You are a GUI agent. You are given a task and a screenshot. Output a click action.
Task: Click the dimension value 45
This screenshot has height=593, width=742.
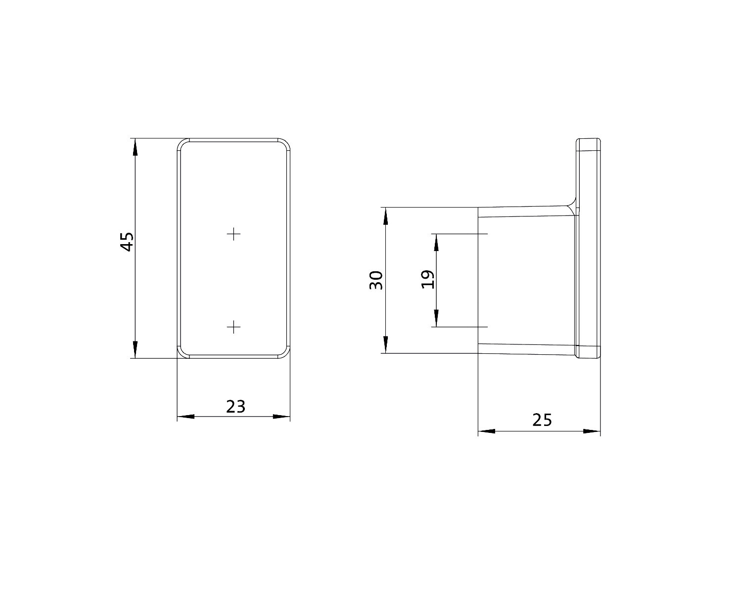click(x=127, y=242)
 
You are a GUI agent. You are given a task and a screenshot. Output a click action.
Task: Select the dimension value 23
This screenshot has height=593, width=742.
click(x=235, y=407)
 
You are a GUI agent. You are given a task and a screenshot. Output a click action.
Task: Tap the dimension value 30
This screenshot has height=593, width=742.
click(x=376, y=281)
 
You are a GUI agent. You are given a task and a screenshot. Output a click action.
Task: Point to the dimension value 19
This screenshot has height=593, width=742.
click(x=428, y=279)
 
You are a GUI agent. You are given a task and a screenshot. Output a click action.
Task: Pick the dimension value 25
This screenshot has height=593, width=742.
click(x=542, y=420)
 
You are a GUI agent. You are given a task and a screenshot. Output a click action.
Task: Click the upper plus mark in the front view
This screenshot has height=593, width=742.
click(x=234, y=234)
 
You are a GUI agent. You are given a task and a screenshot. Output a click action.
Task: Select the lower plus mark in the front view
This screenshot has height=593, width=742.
click(x=234, y=327)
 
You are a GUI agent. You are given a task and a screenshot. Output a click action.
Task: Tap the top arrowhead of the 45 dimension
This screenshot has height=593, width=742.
click(x=135, y=146)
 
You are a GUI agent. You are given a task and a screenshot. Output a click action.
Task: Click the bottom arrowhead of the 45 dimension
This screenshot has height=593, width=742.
click(x=135, y=350)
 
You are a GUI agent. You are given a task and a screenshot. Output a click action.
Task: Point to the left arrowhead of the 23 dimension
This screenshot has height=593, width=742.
click(x=185, y=417)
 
